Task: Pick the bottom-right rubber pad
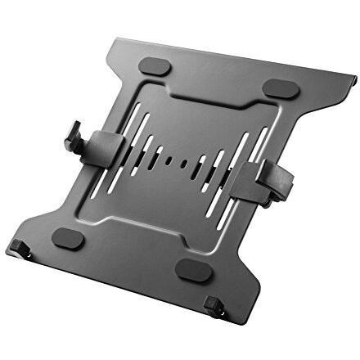point(193,269)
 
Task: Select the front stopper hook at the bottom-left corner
point(20,247)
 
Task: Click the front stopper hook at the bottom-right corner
point(214,306)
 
